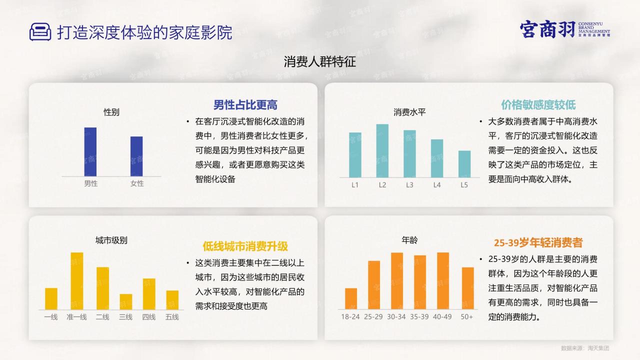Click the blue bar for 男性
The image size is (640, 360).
click(x=90, y=152)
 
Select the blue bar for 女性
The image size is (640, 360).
click(x=136, y=156)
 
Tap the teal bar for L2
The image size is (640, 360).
click(x=382, y=151)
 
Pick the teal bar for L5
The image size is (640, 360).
click(x=464, y=164)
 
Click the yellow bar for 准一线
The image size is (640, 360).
click(x=77, y=281)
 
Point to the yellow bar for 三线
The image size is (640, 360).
click(x=125, y=301)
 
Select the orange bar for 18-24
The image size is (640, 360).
click(x=351, y=299)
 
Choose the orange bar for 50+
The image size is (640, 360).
click(x=467, y=288)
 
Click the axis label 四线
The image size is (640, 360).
click(x=149, y=317)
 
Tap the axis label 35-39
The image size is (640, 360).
click(x=419, y=317)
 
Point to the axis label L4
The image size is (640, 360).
click(x=437, y=185)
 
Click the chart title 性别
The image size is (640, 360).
click(x=111, y=112)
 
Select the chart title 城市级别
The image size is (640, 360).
click(x=111, y=240)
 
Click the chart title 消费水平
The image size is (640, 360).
click(x=409, y=112)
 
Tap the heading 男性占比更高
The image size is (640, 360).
click(x=245, y=105)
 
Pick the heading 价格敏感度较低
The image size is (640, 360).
click(x=538, y=105)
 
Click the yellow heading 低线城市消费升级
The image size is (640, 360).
click(x=245, y=246)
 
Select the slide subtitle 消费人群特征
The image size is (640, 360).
click(x=320, y=61)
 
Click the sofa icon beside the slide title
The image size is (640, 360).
click(x=40, y=31)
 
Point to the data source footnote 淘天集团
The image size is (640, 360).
click(x=598, y=348)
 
